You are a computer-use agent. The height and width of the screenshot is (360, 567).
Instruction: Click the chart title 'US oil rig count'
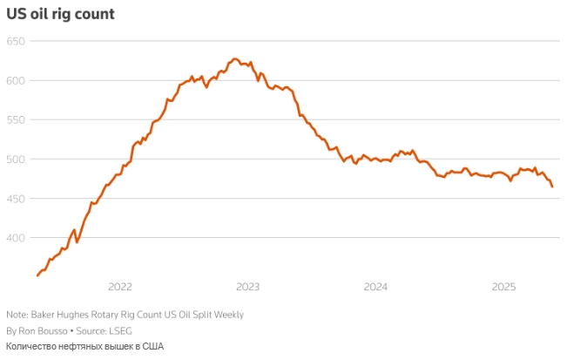coord(60,14)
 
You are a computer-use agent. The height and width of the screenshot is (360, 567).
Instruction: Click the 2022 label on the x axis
coord(119,287)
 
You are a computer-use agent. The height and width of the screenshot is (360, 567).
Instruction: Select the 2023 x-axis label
coord(247,287)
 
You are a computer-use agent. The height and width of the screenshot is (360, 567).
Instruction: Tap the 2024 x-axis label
coord(375,287)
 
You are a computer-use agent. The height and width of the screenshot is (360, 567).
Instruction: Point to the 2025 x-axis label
coord(504,287)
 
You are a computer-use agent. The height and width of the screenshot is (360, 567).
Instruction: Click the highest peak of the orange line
coord(234,58)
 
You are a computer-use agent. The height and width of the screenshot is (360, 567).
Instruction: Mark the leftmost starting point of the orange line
coord(37,275)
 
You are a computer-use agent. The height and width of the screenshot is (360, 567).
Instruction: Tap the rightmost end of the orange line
coord(552,187)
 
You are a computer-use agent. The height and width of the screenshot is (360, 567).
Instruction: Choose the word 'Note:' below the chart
coord(17,315)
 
